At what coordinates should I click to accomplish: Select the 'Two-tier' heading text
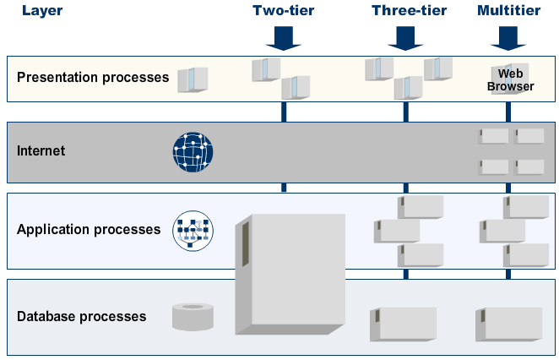pyautogui.click(x=284, y=11)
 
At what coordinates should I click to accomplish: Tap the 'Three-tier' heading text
pyautogui.click(x=409, y=11)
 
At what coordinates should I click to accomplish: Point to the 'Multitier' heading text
pyautogui.click(x=509, y=11)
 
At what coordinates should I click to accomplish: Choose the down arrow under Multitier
pyautogui.click(x=507, y=38)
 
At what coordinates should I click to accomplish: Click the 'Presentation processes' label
pyautogui.click(x=93, y=78)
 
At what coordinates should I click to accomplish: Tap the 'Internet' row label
pyautogui.click(x=41, y=151)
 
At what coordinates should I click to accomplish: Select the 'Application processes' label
pyautogui.click(x=88, y=229)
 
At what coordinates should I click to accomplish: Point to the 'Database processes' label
pyautogui.click(x=81, y=317)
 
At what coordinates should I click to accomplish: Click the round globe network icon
pyautogui.click(x=193, y=152)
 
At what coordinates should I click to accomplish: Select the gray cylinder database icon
pyautogui.click(x=193, y=316)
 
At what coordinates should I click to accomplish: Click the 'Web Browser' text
pyautogui.click(x=510, y=79)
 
